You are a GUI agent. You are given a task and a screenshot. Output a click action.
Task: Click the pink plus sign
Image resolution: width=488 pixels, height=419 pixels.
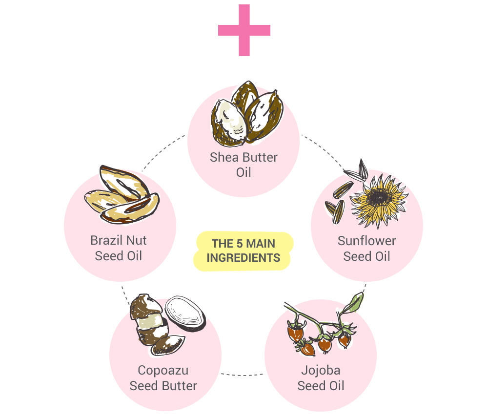[244, 30]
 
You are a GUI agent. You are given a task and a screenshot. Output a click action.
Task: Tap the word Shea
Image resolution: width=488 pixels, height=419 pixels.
[221, 157]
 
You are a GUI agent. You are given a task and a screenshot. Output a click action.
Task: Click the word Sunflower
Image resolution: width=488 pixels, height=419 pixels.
[366, 241]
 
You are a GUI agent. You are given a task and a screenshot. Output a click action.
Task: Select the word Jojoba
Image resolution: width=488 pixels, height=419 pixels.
[321, 370]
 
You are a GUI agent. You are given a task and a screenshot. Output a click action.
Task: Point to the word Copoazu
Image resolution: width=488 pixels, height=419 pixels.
[163, 371]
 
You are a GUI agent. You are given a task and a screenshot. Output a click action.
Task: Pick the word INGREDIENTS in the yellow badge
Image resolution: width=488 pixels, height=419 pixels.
[244, 258]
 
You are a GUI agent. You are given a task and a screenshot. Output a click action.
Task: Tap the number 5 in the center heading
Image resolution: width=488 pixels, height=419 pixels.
[239, 244]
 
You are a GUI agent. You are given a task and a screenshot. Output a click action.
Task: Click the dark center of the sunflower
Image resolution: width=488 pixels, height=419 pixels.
[379, 197]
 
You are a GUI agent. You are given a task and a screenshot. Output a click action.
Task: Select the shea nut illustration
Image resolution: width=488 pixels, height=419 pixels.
[247, 114]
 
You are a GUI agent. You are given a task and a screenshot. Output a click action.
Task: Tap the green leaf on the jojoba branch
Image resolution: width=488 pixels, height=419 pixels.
[354, 302]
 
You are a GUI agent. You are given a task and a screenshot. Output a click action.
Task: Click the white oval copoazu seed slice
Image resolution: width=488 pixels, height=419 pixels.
[185, 313]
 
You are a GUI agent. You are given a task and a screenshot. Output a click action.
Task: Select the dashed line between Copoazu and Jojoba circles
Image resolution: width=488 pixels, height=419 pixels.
[243, 375]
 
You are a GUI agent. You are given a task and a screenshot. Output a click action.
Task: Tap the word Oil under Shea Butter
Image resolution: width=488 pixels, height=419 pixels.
[244, 172]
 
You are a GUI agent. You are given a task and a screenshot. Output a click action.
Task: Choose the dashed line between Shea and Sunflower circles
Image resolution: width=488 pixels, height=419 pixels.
[323, 151]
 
